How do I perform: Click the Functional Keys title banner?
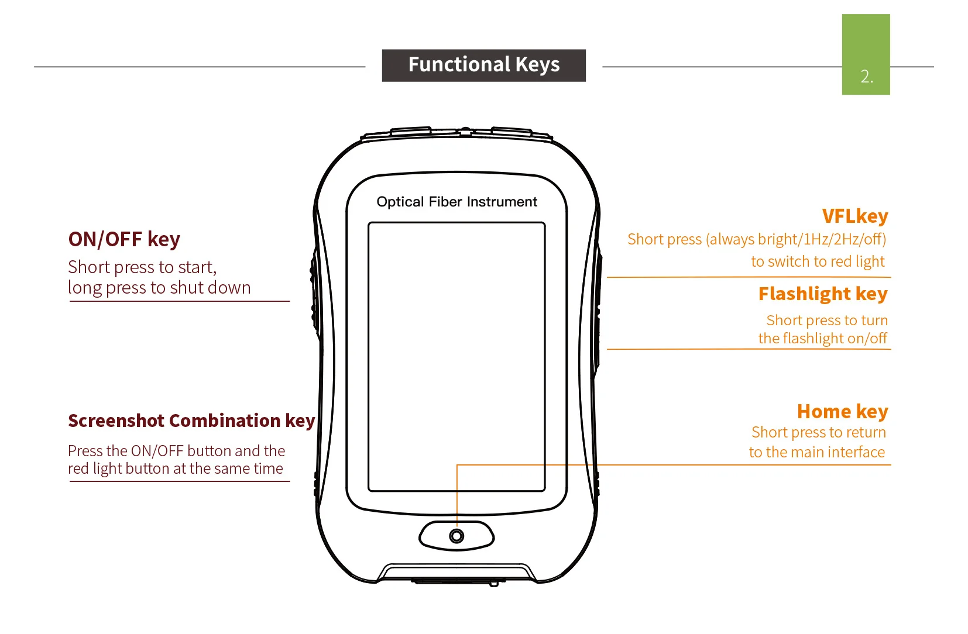point(483,66)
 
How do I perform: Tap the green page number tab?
point(866,54)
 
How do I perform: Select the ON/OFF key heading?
point(124,239)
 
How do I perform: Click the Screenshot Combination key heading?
point(191,421)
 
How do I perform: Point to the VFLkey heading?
point(855,216)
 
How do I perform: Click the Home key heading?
point(842,412)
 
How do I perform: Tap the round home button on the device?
point(456,536)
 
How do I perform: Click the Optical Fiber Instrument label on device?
point(456,202)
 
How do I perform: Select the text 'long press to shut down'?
point(159,288)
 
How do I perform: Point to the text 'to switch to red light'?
point(818,261)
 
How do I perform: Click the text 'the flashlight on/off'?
point(823,338)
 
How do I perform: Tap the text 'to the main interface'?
point(817,452)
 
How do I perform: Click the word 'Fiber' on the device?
point(445,202)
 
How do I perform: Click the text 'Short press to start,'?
point(142,267)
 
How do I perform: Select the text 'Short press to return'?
point(819,432)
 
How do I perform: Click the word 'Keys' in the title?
point(537,65)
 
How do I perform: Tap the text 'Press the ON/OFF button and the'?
point(176,451)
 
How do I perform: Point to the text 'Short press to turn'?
point(827,321)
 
